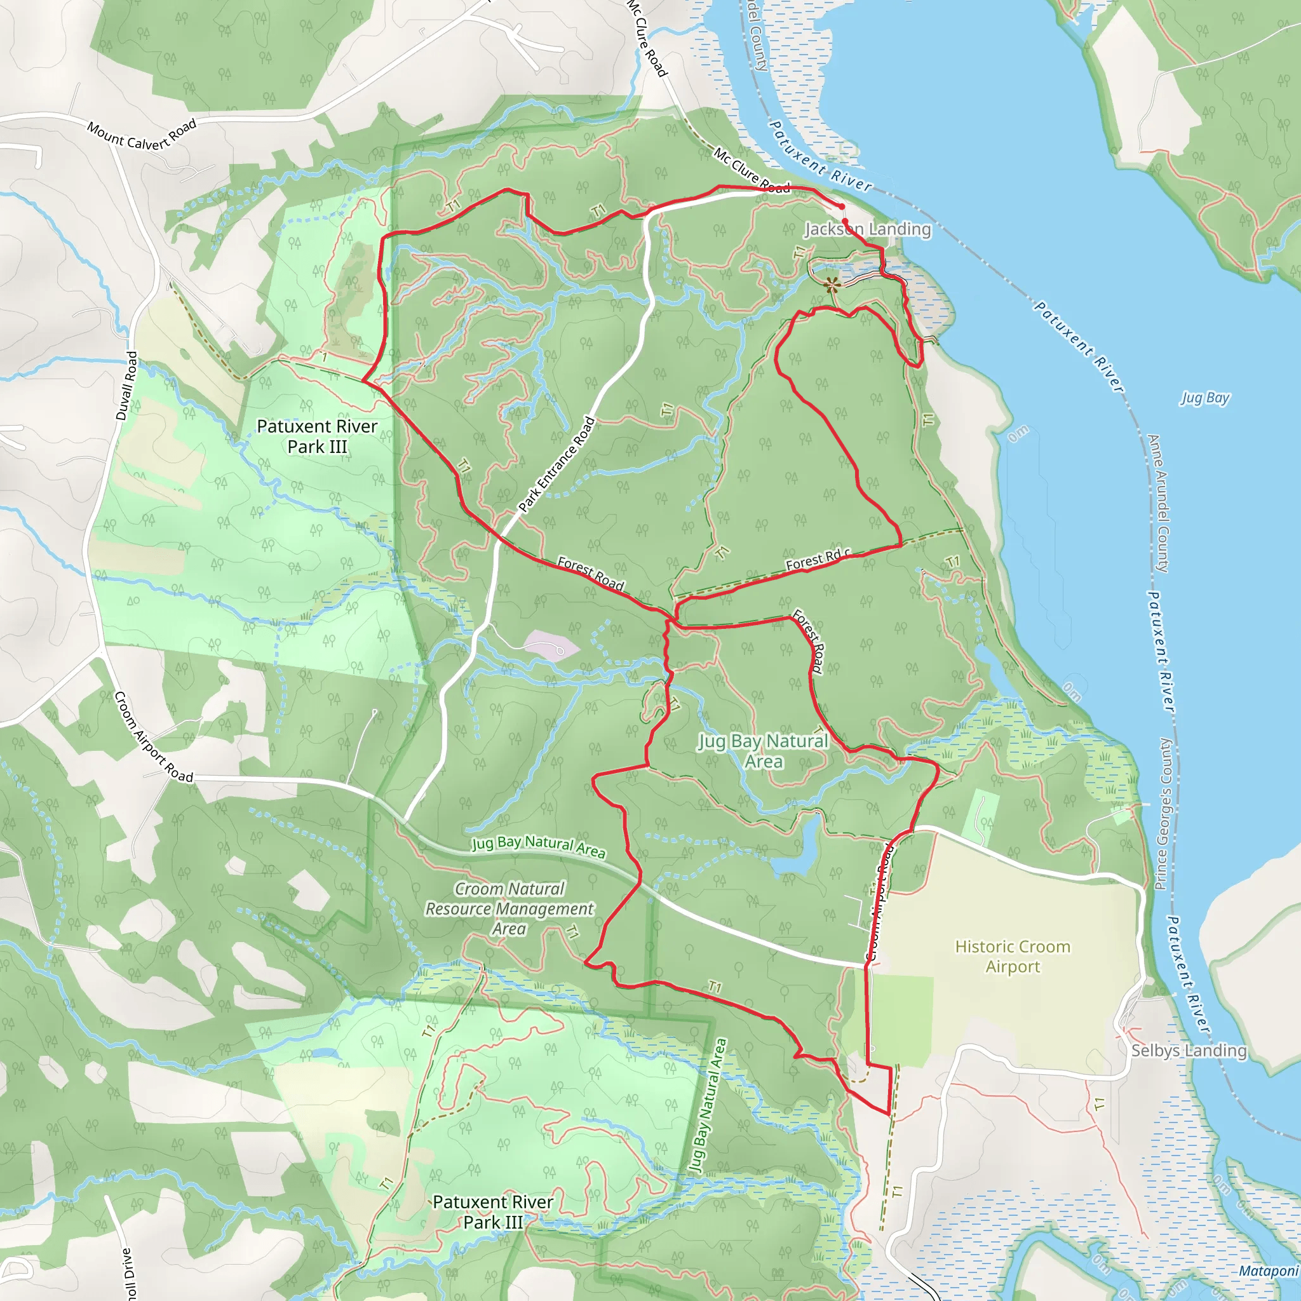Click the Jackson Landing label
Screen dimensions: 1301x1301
tap(867, 229)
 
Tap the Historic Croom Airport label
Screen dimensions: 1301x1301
tap(1012, 956)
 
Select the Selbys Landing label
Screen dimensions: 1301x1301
tap(1189, 1051)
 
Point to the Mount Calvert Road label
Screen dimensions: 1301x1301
tap(142, 135)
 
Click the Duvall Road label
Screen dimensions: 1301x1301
tap(127, 386)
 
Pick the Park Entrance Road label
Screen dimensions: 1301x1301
tap(557, 464)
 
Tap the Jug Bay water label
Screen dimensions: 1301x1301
tap(1204, 398)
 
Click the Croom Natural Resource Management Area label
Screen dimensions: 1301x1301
tap(509, 908)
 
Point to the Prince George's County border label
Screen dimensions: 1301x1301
tap(1163, 814)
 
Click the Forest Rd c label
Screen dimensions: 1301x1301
tap(818, 560)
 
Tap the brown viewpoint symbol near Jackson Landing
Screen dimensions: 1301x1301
tap(832, 285)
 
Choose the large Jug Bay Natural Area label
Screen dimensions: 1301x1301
tap(763, 751)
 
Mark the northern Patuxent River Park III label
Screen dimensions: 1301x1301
tap(317, 436)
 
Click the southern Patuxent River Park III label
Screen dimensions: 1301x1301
tap(493, 1211)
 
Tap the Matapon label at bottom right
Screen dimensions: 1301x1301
tap(1268, 1271)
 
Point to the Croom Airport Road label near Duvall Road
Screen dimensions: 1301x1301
tap(154, 737)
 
